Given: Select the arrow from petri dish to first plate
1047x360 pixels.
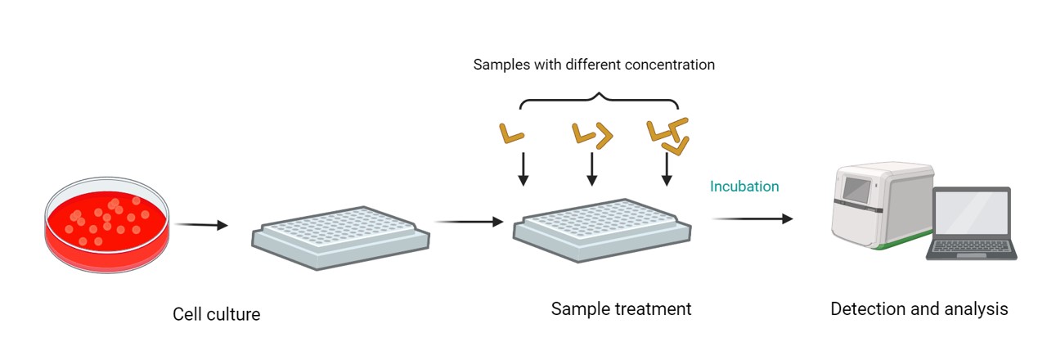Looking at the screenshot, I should point(201,225).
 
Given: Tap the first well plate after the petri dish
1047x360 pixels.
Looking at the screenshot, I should point(340,237).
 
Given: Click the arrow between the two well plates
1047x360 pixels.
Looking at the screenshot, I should point(468,221).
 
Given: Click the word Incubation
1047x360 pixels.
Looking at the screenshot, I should point(744,187).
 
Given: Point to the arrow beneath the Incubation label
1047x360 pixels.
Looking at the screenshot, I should point(753,218).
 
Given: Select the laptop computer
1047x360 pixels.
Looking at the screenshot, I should point(971,223).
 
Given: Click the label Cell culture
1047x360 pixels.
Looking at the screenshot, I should point(217,314).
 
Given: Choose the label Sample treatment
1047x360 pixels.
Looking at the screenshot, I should point(621,309).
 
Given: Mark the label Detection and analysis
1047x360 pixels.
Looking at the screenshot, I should point(919,309).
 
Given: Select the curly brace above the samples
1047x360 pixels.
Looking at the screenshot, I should point(600,102).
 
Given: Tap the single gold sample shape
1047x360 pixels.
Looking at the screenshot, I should point(511,133).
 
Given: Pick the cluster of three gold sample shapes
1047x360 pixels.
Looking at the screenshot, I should point(668,135).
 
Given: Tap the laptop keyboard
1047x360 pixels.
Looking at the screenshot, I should point(971,245).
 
